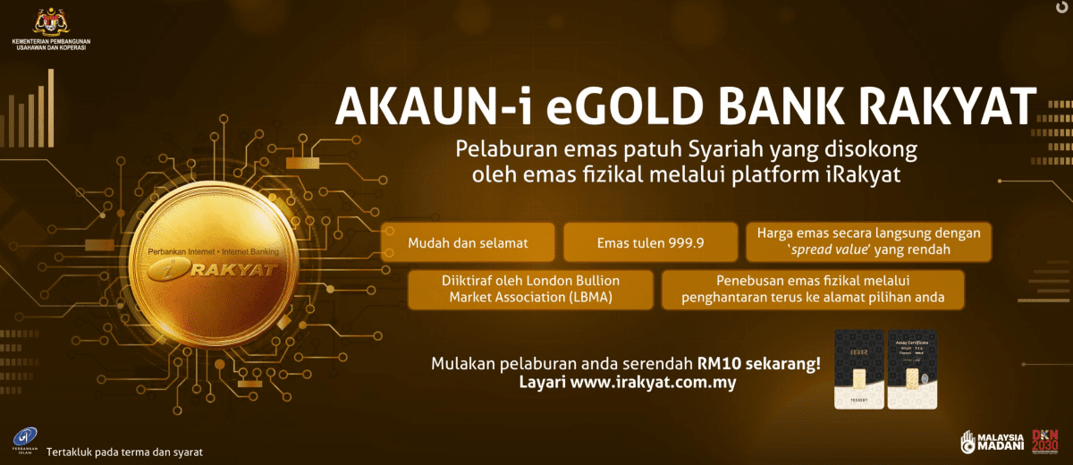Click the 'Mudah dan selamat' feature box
pyautogui.click(x=468, y=242)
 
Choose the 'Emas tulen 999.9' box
pyautogui.click(x=650, y=242)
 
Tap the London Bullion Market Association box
pyautogui.click(x=530, y=289)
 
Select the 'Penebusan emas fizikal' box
pyautogui.click(x=813, y=289)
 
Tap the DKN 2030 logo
pyautogui.click(x=1044, y=439)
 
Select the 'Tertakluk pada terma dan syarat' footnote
pyautogui.click(x=124, y=452)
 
